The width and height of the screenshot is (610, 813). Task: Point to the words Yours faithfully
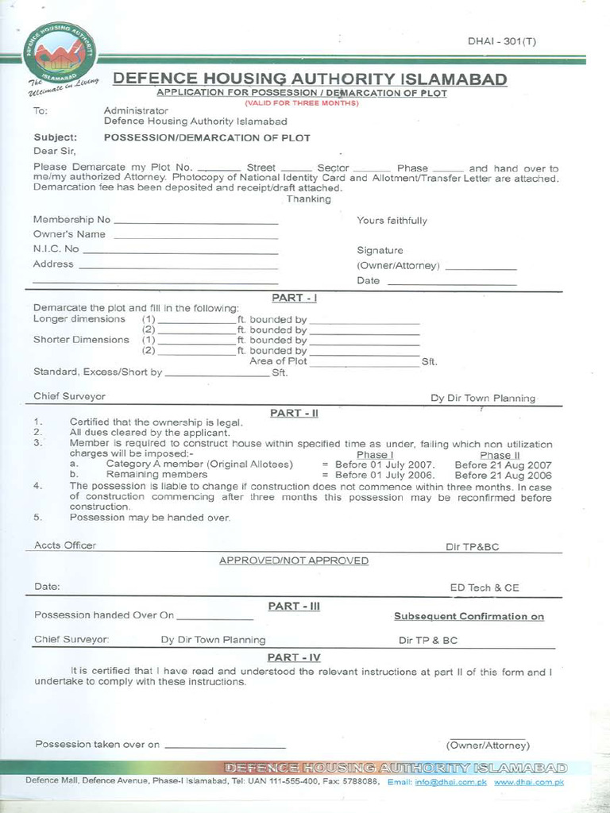[392, 221]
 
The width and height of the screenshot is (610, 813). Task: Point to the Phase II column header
[500, 455]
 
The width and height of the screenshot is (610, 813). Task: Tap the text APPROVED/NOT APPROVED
[294, 561]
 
